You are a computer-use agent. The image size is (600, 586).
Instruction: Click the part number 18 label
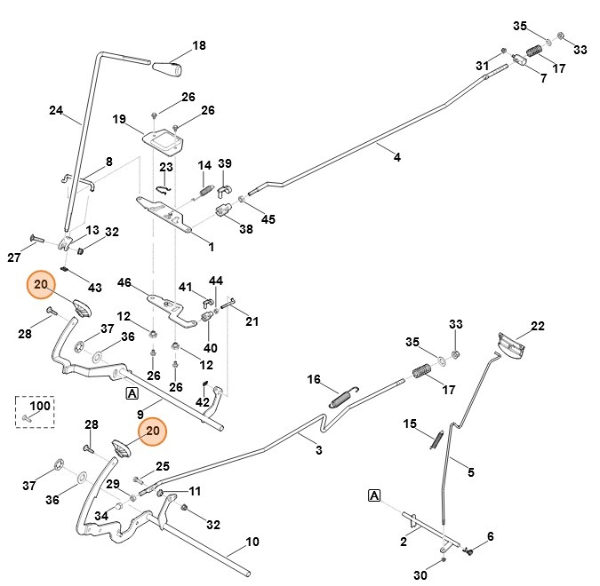tap(199, 45)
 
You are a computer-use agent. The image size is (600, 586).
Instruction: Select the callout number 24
tap(56, 111)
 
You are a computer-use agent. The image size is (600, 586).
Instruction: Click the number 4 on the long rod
tap(396, 157)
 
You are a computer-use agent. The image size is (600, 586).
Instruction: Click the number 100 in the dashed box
tap(41, 405)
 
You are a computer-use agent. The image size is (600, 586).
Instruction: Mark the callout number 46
tap(124, 282)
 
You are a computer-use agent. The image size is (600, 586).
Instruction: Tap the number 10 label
tap(252, 542)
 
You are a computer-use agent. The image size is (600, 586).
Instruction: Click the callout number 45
tap(268, 219)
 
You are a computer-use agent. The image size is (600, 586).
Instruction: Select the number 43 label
tap(95, 287)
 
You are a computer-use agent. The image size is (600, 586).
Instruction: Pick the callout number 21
tap(252, 321)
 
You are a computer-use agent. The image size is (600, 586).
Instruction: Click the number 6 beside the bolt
tap(490, 536)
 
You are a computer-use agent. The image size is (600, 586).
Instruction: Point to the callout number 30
tap(420, 576)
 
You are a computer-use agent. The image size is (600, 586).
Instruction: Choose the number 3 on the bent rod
tap(319, 450)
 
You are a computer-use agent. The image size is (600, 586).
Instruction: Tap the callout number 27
tap(13, 257)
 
